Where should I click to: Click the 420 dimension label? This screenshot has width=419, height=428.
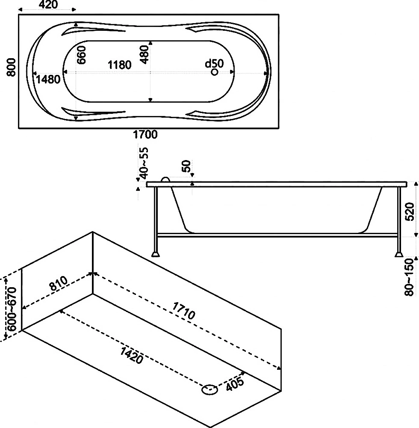pyautogui.click(x=48, y=5)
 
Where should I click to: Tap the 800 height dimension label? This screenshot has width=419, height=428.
pyautogui.click(x=12, y=67)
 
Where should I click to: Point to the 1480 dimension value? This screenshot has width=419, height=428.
pyautogui.click(x=48, y=79)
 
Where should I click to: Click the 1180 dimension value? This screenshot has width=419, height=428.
pyautogui.click(x=119, y=65)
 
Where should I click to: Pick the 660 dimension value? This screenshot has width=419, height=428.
pyautogui.click(x=82, y=55)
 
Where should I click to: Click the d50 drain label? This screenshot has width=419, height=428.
pyautogui.click(x=214, y=64)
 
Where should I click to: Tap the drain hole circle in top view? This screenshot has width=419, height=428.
pyautogui.click(x=215, y=72)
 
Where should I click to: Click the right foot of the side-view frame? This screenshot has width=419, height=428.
pyautogui.click(x=399, y=254)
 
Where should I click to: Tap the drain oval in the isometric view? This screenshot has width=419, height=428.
pyautogui.click(x=209, y=389)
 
